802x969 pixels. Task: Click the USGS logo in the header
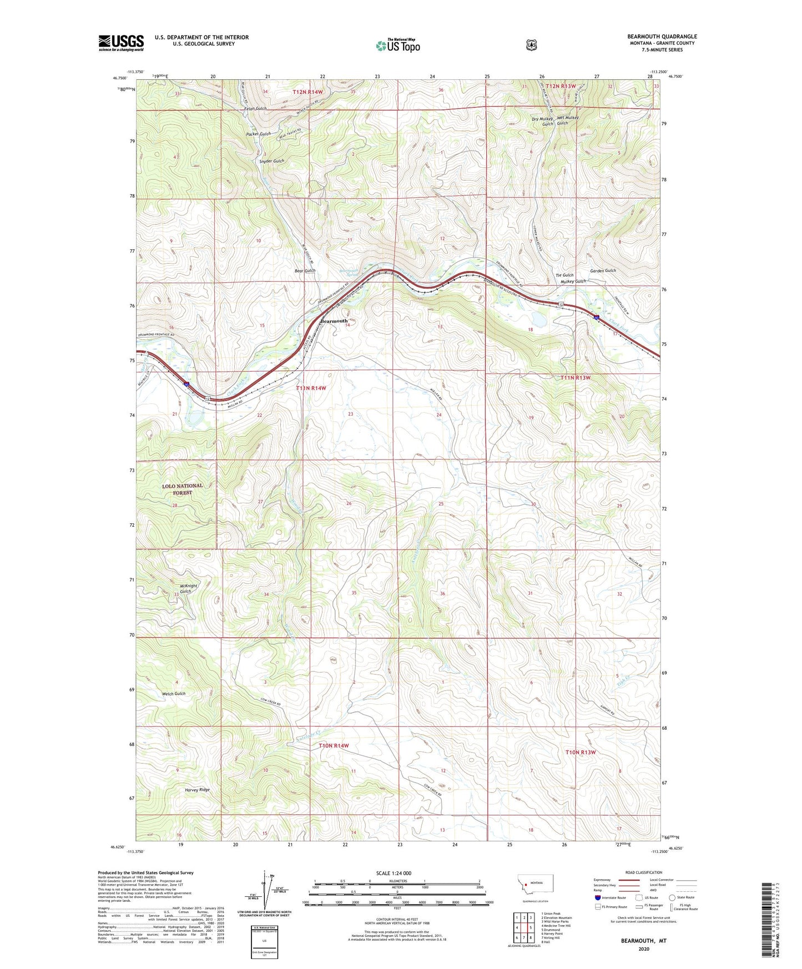121,43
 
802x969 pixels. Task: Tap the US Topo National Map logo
397,45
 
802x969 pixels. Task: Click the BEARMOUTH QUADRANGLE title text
662,37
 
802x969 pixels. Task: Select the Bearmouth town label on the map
334,321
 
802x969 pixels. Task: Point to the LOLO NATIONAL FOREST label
182,489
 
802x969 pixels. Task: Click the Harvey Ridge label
197,789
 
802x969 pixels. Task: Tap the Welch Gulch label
174,694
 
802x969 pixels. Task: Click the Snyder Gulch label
271,161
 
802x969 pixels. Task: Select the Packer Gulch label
258,134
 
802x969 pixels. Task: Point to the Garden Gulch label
603,270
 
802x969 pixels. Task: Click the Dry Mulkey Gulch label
542,121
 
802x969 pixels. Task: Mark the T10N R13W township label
580,752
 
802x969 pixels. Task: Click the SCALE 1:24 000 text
394,873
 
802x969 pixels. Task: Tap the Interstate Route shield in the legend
597,897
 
